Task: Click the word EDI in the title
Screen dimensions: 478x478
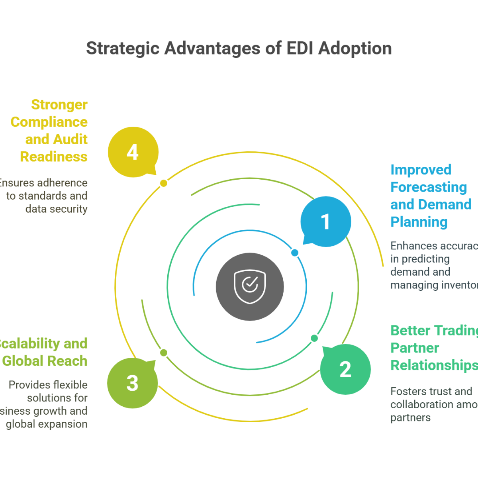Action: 299,49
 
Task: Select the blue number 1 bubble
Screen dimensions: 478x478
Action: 325,221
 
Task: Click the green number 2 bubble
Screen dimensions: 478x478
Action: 345,369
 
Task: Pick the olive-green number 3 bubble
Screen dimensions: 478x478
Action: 132,383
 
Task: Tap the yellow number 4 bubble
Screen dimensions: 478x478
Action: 133,152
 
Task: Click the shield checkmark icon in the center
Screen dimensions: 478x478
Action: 250,286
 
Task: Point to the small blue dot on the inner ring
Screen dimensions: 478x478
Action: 295,253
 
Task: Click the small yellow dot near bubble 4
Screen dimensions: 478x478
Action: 164,183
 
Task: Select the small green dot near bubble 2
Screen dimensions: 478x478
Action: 314,338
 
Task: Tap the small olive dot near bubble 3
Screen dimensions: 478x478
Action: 164,353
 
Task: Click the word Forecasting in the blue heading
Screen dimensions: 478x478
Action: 428,187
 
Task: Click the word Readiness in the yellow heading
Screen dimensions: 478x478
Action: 54,157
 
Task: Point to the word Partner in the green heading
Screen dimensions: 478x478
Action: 414,348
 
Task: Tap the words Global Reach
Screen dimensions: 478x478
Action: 45,361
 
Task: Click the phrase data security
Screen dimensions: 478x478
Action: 57,209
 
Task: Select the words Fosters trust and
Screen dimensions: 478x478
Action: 431,392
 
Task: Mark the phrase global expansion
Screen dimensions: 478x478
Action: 47,424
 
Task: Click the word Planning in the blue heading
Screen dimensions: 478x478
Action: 419,222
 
